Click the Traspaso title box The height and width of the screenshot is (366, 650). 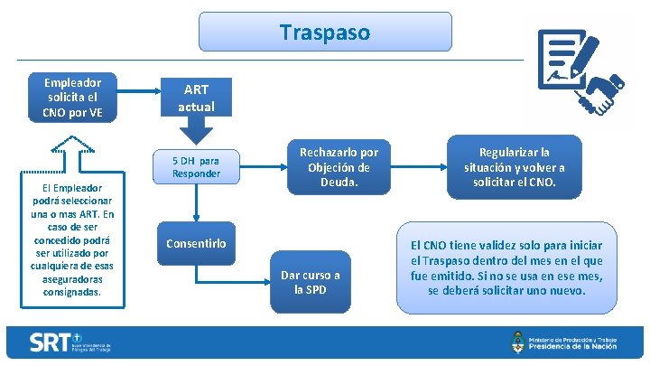(x=324, y=33)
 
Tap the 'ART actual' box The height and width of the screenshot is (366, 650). (x=196, y=98)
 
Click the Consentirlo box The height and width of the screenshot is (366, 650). (x=196, y=244)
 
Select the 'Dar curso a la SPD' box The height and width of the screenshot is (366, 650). (x=311, y=282)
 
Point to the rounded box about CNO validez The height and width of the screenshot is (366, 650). (x=506, y=267)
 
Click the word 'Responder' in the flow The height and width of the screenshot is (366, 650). (x=196, y=173)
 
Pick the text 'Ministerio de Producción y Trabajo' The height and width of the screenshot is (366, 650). (x=577, y=336)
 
